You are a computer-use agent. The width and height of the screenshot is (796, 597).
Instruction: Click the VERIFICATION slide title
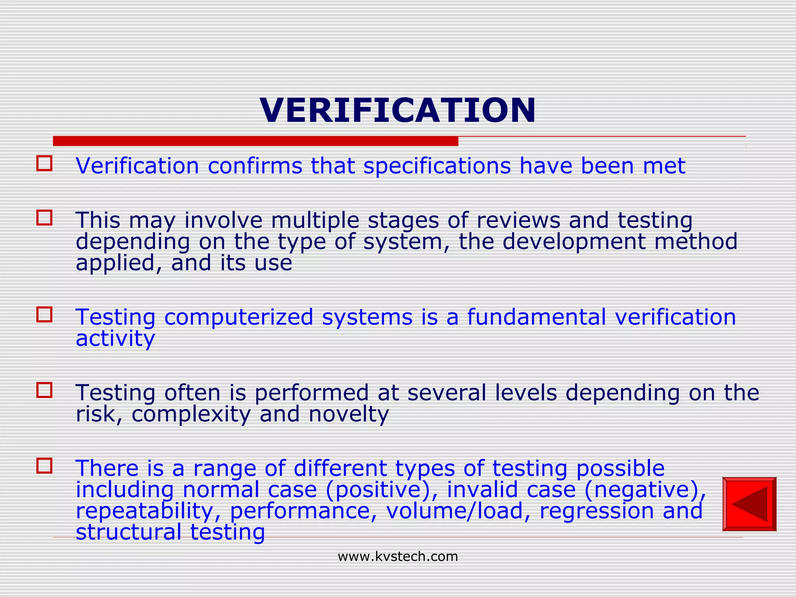[x=398, y=110]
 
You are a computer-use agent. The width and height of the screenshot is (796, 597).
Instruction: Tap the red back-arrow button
[x=749, y=504]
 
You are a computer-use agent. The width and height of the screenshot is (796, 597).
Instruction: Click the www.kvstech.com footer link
[x=398, y=557]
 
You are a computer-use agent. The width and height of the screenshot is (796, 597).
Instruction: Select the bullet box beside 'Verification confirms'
[x=44, y=164]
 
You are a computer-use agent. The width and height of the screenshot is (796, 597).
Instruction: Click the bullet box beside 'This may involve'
[x=44, y=218]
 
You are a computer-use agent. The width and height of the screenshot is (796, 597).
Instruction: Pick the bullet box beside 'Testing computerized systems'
[x=44, y=314]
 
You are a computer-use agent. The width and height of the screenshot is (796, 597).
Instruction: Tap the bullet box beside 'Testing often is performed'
[x=44, y=390]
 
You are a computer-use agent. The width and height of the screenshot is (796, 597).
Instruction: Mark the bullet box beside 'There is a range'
[x=44, y=465]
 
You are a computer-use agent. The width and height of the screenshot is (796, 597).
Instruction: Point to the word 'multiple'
[x=315, y=220]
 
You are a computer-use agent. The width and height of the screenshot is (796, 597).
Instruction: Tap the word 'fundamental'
[x=536, y=317]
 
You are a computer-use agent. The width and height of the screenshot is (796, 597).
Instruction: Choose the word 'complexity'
[x=191, y=414]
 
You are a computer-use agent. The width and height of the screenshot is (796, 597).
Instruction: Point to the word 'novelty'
[x=349, y=414]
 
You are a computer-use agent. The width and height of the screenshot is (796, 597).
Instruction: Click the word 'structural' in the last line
[x=128, y=532]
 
